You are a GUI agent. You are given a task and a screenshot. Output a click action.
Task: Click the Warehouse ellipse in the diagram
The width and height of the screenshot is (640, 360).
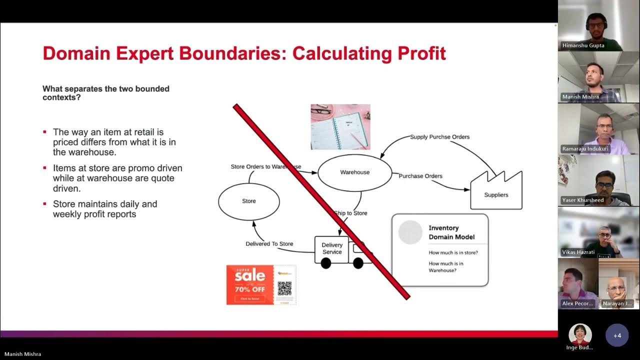point(354,172)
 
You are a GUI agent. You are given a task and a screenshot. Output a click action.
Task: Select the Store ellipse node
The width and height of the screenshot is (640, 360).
point(248,201)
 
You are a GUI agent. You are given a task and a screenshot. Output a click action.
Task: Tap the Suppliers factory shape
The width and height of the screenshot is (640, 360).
point(496,192)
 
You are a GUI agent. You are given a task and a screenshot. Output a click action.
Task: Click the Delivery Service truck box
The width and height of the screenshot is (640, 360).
point(331,249)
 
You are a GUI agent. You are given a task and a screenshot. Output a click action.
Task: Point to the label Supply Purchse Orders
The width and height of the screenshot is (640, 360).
point(439,136)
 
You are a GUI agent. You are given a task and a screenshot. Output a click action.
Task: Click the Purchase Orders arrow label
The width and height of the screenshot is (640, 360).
point(420,176)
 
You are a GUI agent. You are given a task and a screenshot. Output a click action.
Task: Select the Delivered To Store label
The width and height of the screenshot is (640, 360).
point(269,244)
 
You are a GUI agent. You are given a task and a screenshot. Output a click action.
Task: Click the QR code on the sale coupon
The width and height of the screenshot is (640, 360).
point(284,288)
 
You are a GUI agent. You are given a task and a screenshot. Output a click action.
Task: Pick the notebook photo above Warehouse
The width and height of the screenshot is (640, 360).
point(340,127)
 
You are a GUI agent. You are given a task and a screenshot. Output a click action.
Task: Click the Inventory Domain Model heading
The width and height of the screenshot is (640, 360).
point(451,232)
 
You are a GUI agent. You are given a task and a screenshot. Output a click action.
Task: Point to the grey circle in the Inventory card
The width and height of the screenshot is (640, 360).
point(410,232)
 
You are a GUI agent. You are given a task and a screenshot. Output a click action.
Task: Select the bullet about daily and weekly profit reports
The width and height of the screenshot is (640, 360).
point(105,209)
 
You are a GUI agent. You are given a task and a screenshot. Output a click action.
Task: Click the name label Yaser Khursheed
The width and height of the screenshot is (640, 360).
point(582,200)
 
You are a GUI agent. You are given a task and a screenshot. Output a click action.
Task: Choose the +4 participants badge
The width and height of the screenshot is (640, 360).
point(617,335)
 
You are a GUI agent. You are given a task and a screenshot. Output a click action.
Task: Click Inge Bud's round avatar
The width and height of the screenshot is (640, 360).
point(580,334)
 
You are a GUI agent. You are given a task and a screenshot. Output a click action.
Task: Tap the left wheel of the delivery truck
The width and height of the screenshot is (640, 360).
point(325,263)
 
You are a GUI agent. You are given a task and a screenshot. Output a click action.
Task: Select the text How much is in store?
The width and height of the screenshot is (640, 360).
point(453,252)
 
